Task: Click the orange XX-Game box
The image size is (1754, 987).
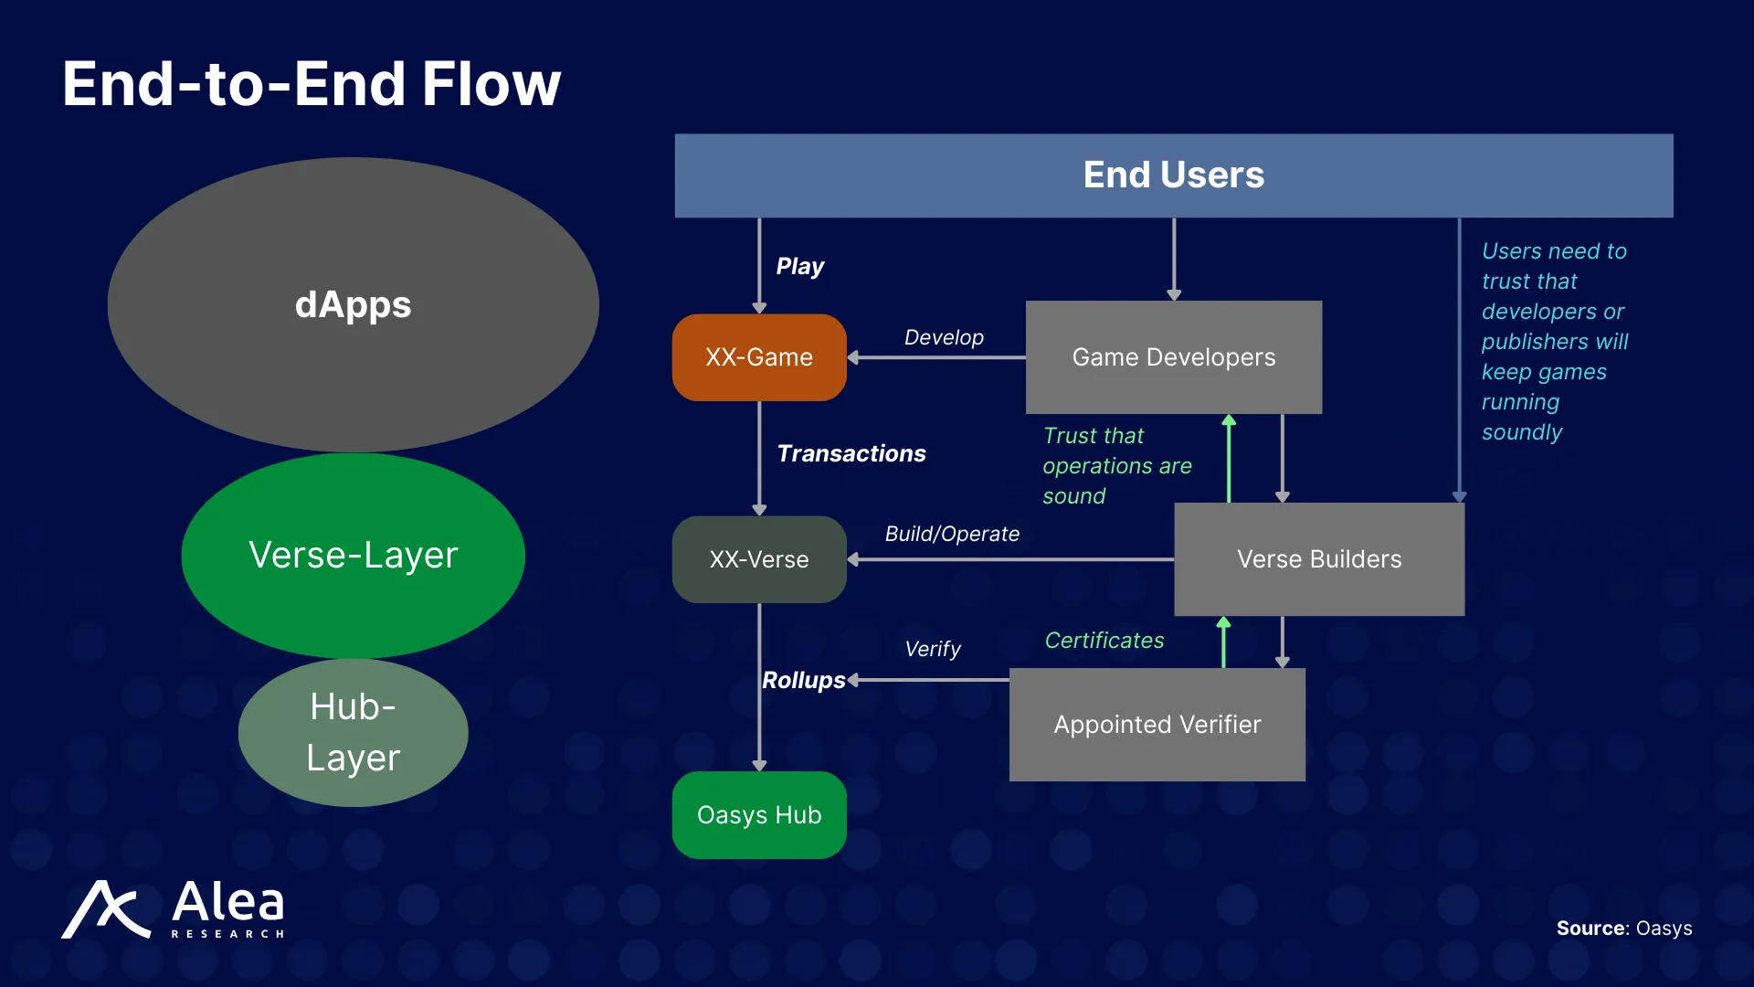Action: point(759,357)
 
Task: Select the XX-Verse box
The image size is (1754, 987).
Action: point(759,559)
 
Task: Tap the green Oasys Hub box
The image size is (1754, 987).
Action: point(759,815)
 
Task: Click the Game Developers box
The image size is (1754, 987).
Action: point(1174,357)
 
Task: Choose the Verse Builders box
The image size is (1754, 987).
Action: point(1319,559)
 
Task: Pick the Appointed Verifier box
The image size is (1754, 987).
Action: point(1157,725)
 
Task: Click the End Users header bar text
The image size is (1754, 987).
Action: point(1174,175)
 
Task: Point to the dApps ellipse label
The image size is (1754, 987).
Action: point(354,305)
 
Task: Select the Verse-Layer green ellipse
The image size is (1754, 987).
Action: point(354,556)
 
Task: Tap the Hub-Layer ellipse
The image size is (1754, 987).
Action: point(354,732)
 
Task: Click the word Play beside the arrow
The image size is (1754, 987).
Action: point(799,266)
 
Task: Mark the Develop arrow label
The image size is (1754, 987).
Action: point(944,337)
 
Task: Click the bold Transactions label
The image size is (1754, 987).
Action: point(851,453)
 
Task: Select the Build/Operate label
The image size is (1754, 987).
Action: point(952,534)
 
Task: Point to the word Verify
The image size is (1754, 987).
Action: point(933,649)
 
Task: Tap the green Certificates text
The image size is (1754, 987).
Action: point(1104,641)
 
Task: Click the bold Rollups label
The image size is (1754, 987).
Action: point(804,680)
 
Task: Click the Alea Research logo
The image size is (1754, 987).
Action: point(174,908)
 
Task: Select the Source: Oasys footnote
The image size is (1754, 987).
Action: point(1624,929)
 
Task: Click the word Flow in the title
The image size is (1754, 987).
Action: point(491,84)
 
